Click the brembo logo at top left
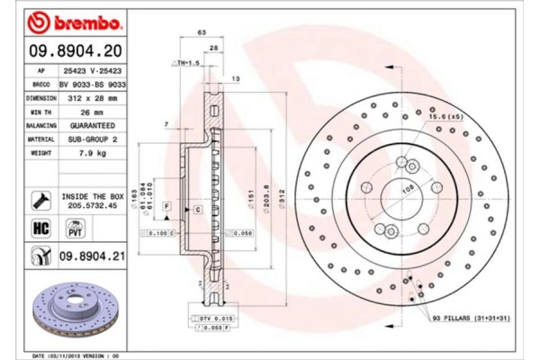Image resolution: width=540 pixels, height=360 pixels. click(67, 21)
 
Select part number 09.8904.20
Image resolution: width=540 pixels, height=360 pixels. click(79, 50)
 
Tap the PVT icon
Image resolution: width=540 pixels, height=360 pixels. click(65, 230)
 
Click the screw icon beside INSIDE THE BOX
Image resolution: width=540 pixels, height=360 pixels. click(40, 200)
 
